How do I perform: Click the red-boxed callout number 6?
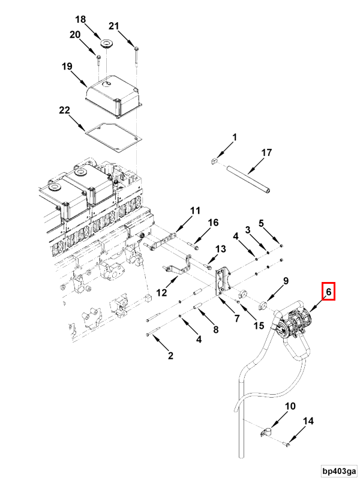[328, 292]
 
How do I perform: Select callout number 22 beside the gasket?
[64, 110]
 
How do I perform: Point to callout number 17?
[266, 153]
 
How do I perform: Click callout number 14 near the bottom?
[308, 422]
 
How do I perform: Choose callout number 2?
[170, 356]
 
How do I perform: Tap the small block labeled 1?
[213, 161]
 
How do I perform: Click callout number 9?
[286, 280]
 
